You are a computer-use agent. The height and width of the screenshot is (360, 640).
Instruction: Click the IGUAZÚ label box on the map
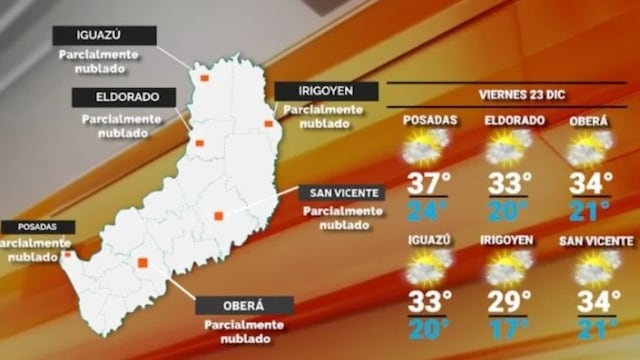point(105,35)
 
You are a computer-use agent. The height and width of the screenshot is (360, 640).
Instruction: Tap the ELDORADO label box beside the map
point(123,97)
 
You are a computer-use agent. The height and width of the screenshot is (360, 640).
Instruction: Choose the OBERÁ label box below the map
point(244,305)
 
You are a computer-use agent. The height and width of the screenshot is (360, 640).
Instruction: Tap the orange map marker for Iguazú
point(204,77)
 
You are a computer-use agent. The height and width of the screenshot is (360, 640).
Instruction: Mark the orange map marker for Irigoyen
point(268,124)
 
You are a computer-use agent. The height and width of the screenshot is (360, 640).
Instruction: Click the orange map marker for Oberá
point(143,263)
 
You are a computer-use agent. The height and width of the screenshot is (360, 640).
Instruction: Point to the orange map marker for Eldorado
point(199,143)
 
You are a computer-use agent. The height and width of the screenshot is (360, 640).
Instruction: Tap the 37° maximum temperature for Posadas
point(427,184)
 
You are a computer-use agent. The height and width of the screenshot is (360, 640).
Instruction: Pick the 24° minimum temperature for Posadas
point(427,210)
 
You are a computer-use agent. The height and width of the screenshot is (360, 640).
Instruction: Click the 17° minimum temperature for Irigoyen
point(509,328)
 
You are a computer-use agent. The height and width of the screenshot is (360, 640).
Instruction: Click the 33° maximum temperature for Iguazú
point(427,302)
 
